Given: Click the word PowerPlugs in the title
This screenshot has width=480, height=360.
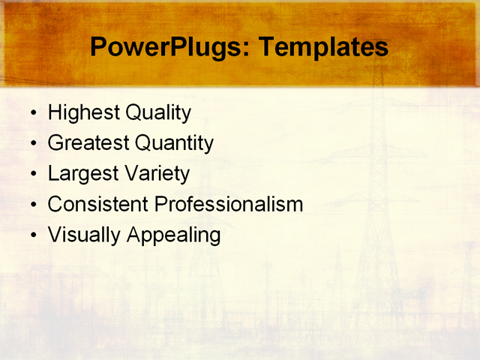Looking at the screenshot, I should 169,47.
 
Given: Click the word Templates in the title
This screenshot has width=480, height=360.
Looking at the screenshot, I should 323,47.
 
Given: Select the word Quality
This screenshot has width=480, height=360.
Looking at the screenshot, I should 157,113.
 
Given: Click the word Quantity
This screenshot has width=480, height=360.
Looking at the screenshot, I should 174,143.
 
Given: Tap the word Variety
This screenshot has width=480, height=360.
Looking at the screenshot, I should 155,174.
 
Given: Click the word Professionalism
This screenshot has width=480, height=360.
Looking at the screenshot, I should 229,204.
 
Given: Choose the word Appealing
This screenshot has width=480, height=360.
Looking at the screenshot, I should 173,235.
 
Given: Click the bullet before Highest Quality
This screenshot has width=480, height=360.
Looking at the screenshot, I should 34,114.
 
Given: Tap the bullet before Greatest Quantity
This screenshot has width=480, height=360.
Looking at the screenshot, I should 34,144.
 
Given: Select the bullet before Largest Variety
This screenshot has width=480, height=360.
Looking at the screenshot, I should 34,175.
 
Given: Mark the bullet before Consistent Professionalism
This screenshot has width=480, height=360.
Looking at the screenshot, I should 34,205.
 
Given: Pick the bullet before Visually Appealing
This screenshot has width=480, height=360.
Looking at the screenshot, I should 34,235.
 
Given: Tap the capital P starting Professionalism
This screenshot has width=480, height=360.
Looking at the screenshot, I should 160,204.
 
